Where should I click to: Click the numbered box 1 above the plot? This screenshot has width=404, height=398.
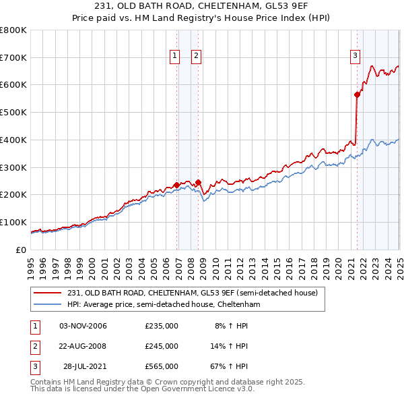[174, 57]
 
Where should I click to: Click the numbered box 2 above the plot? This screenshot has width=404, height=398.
[196, 57]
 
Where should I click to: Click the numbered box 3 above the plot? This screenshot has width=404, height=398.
[355, 57]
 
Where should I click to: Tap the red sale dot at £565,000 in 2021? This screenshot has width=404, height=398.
[357, 95]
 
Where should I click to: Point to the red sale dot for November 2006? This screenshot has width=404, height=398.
[176, 185]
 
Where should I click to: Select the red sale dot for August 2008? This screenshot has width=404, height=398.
[199, 182]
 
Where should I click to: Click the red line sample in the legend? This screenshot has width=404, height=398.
[49, 292]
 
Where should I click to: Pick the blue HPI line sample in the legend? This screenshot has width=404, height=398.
[49, 304]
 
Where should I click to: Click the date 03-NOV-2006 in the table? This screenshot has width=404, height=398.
[83, 326]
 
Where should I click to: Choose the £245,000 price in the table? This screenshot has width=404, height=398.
[162, 346]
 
